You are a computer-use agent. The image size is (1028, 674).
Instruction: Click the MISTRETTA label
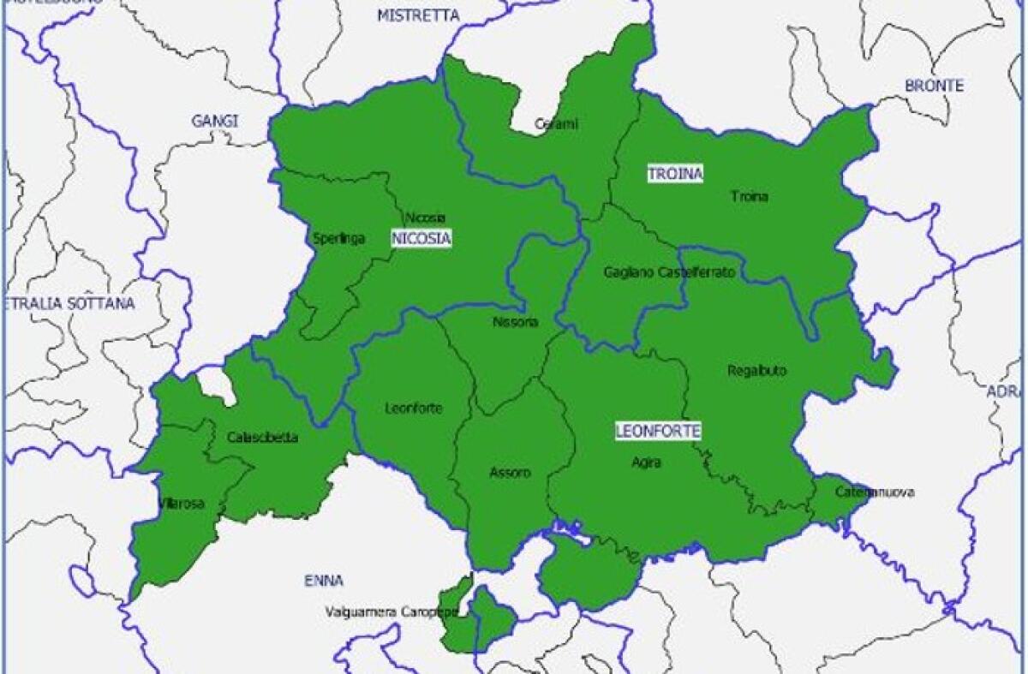click(x=418, y=15)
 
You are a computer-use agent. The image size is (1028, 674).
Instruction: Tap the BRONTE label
click(x=934, y=86)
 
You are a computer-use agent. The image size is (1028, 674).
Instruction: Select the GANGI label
click(x=214, y=122)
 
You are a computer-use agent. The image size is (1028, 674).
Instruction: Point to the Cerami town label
click(x=556, y=124)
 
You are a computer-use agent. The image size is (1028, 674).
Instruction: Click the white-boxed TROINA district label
click(x=675, y=174)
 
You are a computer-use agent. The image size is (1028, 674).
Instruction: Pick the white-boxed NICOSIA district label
click(x=421, y=239)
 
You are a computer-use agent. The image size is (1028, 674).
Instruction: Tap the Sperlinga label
click(x=339, y=239)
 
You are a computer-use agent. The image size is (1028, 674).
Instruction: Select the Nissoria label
click(x=516, y=322)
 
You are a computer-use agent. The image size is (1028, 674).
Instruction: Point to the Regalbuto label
click(x=756, y=371)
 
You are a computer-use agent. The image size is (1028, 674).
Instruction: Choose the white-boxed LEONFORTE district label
click(x=658, y=431)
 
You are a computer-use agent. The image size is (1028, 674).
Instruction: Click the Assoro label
click(x=510, y=472)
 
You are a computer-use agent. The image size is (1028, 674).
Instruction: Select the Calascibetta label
click(x=263, y=438)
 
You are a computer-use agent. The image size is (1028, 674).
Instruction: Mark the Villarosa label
click(x=182, y=504)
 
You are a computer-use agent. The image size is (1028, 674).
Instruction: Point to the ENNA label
click(x=323, y=581)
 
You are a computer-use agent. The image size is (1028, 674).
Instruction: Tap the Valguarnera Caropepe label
click(x=392, y=612)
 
